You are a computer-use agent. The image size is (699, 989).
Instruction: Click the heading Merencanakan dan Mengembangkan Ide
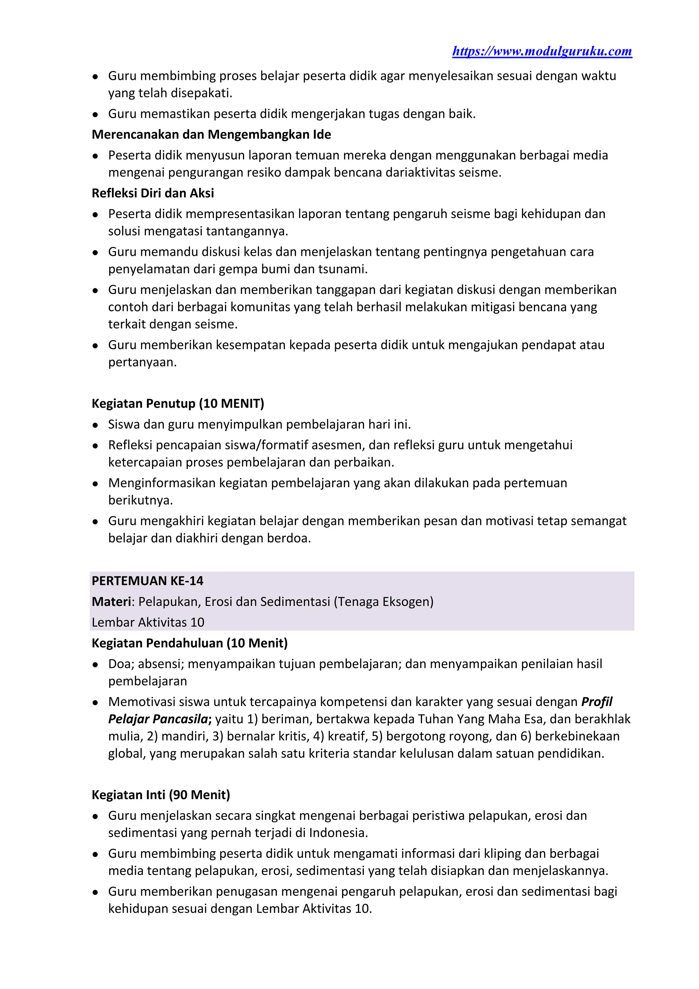pyautogui.click(x=211, y=135)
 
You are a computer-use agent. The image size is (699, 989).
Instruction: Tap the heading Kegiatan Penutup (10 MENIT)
pyautogui.click(x=177, y=403)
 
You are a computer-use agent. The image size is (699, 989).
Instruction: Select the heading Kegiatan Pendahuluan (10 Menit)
pyautogui.click(x=189, y=643)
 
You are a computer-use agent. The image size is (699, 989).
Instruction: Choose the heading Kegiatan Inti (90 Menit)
pyautogui.click(x=160, y=794)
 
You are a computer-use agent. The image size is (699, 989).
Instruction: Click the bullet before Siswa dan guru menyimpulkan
pyautogui.click(x=96, y=425)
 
